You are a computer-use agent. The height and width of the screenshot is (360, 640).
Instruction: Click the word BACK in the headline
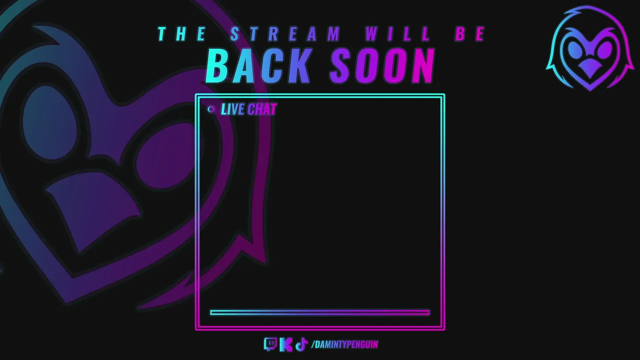click(258, 65)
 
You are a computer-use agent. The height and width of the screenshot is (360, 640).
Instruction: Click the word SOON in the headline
click(382, 65)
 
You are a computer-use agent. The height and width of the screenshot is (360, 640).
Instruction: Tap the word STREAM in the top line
click(285, 33)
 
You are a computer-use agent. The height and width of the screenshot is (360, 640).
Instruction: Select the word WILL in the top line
click(397, 33)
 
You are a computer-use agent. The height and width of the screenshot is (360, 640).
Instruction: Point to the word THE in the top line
click(182, 33)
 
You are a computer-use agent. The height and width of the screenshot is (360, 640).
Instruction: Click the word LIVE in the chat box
click(232, 109)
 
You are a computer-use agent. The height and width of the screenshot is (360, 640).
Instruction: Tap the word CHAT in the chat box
click(262, 109)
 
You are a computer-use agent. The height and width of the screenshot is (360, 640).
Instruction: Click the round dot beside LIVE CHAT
click(211, 109)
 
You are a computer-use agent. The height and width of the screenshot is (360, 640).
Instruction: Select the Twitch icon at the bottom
click(270, 344)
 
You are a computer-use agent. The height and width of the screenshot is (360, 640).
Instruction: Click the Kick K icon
click(286, 344)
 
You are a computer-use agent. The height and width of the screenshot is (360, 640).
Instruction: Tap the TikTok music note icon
click(301, 344)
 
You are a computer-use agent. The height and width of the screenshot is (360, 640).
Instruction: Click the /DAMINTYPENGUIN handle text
click(345, 344)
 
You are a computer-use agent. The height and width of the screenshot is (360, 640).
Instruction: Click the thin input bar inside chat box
click(319, 312)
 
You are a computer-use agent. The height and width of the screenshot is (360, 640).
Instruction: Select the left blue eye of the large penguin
click(50, 122)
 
